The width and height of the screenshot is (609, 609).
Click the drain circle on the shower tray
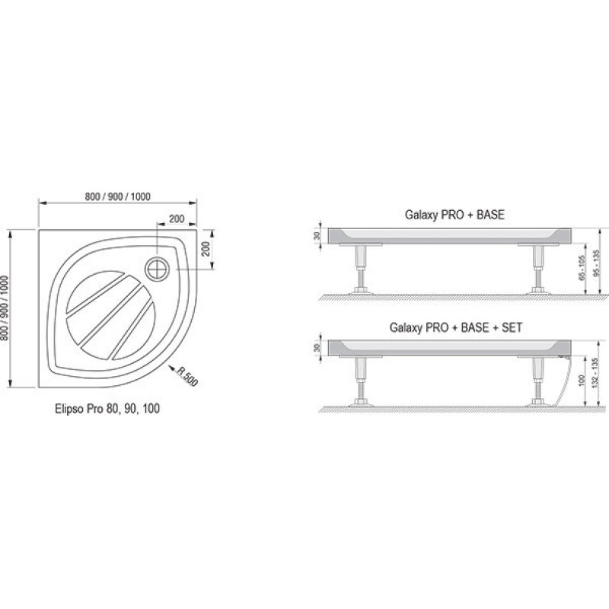click(x=158, y=269)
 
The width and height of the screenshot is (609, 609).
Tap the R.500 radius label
click(x=187, y=376)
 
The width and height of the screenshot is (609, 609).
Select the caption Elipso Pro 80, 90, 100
click(x=107, y=409)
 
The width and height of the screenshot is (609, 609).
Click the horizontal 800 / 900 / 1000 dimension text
click(x=118, y=196)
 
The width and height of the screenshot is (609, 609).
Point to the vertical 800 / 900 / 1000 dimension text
click(x=5, y=308)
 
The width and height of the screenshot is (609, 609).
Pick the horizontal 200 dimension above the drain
click(x=177, y=218)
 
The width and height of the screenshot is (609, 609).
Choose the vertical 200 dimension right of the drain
click(x=206, y=249)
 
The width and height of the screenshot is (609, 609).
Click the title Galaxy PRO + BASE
click(x=454, y=215)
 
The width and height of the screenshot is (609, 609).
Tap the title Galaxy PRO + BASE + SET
click(x=455, y=327)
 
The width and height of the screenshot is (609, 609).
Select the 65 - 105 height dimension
click(x=582, y=268)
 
